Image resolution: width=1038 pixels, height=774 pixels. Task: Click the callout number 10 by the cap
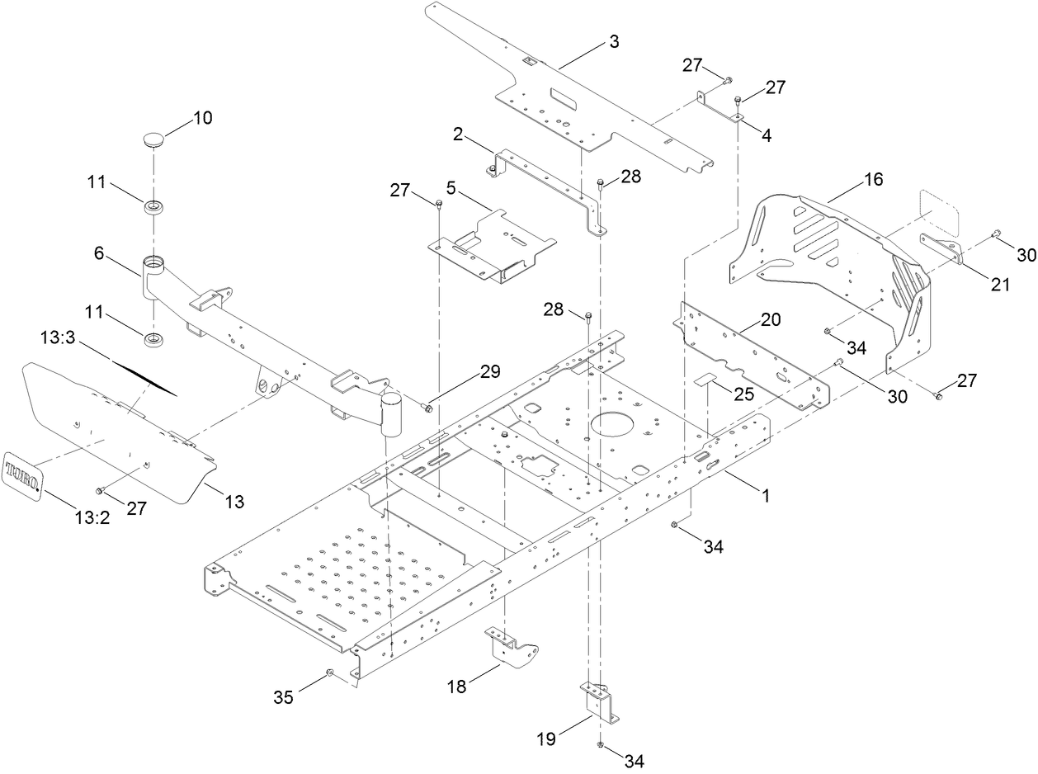pos(202,118)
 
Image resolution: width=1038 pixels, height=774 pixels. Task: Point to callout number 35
pos(283,697)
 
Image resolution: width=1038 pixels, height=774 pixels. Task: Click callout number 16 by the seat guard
pos(873,178)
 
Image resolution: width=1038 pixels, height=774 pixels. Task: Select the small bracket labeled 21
pos(941,248)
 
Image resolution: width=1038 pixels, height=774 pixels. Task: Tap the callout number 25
pos(743,394)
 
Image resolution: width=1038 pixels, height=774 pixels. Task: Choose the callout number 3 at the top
pos(613,42)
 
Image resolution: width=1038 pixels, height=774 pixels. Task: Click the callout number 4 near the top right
pos(767,136)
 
